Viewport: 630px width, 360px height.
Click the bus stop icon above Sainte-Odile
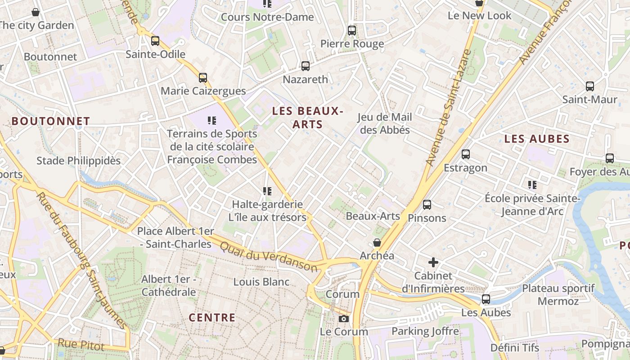pyautogui.click(x=155, y=41)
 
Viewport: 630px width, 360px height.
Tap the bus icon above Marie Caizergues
pyautogui.click(x=203, y=78)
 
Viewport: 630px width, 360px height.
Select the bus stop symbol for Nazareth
pyautogui.click(x=306, y=67)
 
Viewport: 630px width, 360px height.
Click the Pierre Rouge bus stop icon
pyautogui.click(x=352, y=31)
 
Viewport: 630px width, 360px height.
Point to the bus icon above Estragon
pyautogui.click(x=466, y=154)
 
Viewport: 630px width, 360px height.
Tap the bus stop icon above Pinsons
pyautogui.click(x=427, y=205)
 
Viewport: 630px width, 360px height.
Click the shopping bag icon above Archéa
pyautogui.click(x=377, y=243)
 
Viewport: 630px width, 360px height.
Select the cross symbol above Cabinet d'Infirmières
pyautogui.click(x=433, y=262)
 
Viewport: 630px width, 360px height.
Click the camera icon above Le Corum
pyautogui.click(x=344, y=319)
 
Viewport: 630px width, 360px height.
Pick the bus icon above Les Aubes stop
pyautogui.click(x=486, y=299)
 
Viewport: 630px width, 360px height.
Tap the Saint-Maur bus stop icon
pyautogui.click(x=589, y=86)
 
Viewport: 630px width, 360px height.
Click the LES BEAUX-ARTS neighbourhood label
pyautogui.click(x=308, y=117)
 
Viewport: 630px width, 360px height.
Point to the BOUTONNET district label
pyautogui.click(x=51, y=121)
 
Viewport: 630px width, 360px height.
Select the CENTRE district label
pyautogui.click(x=212, y=318)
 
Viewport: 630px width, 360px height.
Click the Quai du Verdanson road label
pyautogui.click(x=269, y=257)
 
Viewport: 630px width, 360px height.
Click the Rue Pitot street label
pyautogui.click(x=81, y=345)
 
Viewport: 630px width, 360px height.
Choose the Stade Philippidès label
pyautogui.click(x=79, y=161)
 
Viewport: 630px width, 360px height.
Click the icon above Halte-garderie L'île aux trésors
pyautogui.click(x=268, y=191)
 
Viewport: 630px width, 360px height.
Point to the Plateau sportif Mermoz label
pyautogui.click(x=558, y=295)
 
